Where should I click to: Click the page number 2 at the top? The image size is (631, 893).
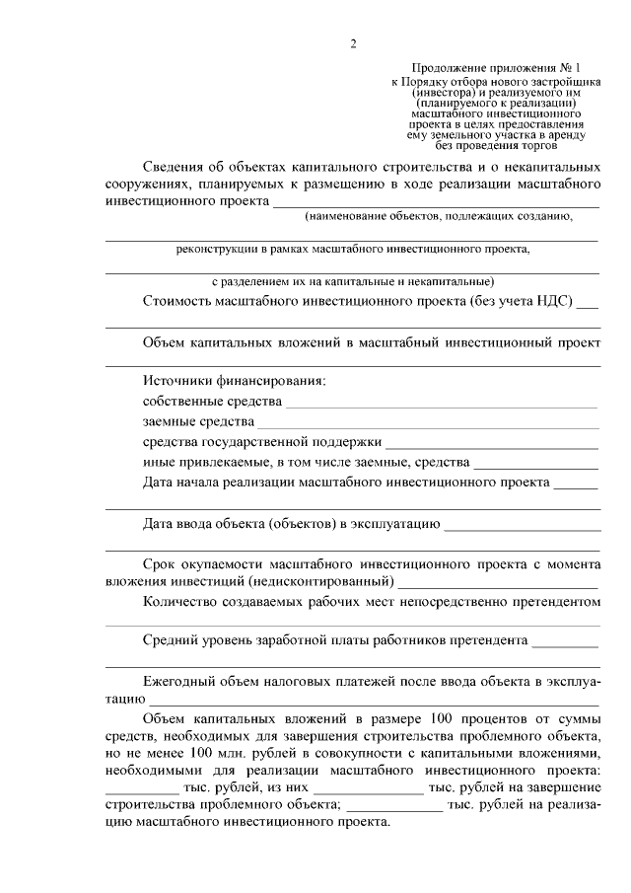352,43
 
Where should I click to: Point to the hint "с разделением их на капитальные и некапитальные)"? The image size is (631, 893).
353,281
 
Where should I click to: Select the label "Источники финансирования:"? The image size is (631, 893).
233,381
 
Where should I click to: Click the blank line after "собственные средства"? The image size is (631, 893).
442,403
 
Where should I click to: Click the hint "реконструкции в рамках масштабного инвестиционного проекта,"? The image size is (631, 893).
353,249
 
